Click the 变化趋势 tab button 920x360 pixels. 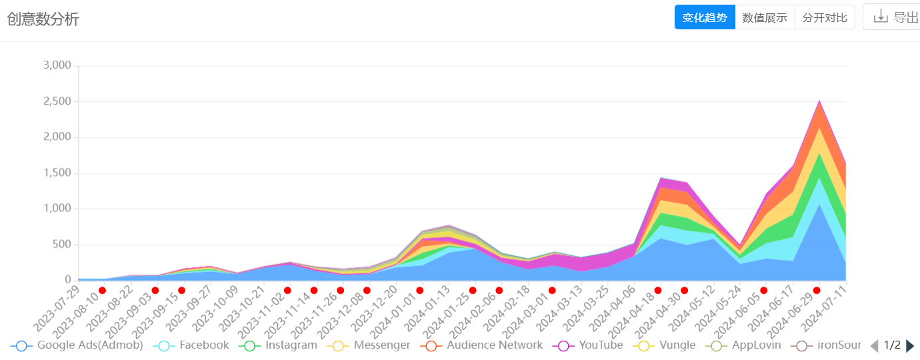click(x=704, y=17)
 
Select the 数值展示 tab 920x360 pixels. click(x=765, y=17)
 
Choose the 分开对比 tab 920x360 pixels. click(x=825, y=17)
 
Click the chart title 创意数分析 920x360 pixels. click(x=43, y=19)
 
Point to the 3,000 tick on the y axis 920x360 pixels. click(x=57, y=65)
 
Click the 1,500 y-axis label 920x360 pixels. click(x=57, y=173)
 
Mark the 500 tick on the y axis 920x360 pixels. click(x=62, y=244)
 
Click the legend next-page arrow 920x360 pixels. click(x=910, y=345)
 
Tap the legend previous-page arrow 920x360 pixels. click(x=874, y=345)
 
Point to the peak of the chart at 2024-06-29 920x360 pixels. click(x=819, y=101)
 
